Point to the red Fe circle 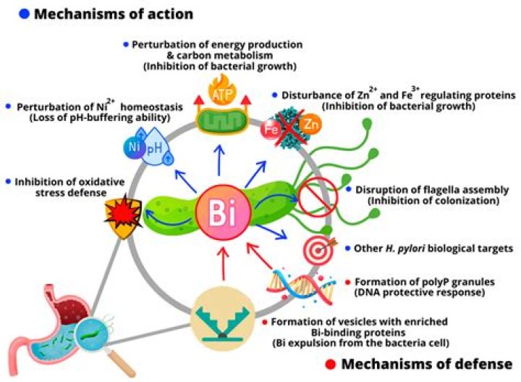click(x=274, y=130)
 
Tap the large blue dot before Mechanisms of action click(x=9, y=14)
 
